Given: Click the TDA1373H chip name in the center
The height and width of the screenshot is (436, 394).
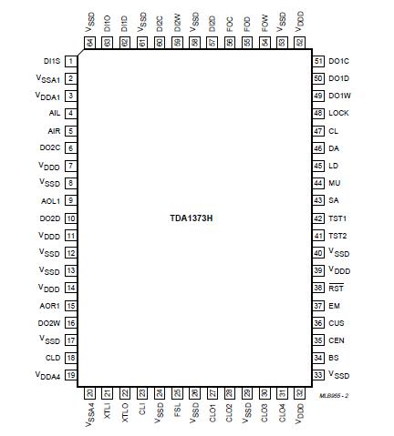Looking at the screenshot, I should click(197, 219).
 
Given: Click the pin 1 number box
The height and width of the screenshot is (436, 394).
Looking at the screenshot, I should click(70, 61).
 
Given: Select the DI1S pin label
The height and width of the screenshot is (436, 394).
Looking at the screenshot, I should click(52, 61).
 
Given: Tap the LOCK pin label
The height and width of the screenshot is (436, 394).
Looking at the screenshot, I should click(339, 113).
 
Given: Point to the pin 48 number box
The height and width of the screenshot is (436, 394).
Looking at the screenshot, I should click(318, 113).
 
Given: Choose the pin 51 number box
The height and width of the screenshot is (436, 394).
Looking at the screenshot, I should click(318, 61).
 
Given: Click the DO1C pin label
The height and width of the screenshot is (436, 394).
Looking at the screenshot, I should click(339, 61).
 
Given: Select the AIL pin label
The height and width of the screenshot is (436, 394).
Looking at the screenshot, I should click(55, 113).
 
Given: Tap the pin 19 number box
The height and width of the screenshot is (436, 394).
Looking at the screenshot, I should click(70, 375).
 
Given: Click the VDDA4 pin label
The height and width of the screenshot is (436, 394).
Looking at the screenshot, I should click(48, 376).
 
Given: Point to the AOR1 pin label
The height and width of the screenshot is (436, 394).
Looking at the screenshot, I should click(50, 306).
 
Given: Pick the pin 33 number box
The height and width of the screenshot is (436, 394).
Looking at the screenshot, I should click(318, 375).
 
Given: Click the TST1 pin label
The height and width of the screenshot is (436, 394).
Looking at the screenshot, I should click(337, 218).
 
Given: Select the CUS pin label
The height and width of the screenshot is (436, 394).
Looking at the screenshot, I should click(336, 323).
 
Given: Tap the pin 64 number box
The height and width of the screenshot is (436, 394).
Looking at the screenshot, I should click(90, 42).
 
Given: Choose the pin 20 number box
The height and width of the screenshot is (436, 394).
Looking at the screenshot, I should click(90, 393).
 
